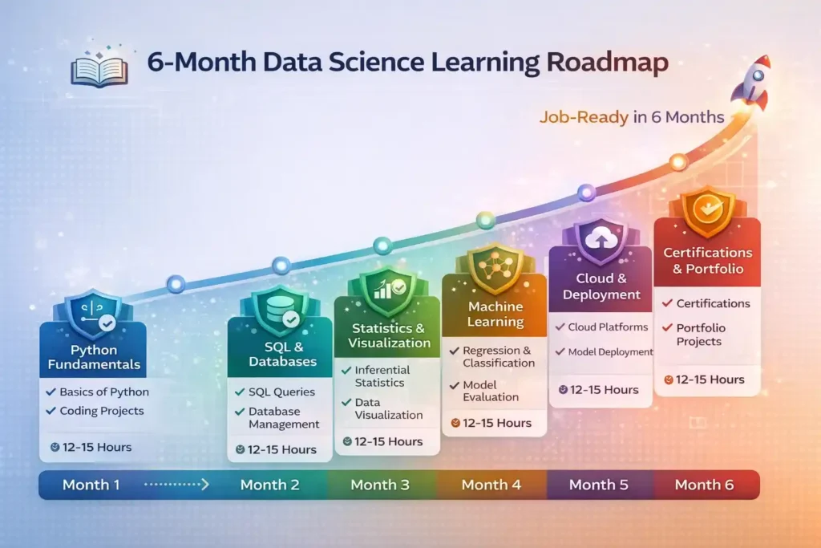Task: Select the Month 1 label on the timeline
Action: tap(91, 485)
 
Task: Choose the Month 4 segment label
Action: tap(491, 485)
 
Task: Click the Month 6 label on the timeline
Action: tap(704, 485)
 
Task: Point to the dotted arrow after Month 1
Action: tap(177, 485)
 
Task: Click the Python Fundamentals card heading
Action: tap(93, 357)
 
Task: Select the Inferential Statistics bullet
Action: tap(382, 375)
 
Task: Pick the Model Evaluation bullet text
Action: tap(490, 391)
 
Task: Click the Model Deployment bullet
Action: tap(610, 351)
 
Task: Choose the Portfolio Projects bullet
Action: tap(699, 335)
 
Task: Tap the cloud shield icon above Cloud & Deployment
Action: tap(600, 238)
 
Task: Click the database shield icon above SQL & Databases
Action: tap(280, 308)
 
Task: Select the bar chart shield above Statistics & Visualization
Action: tap(386, 287)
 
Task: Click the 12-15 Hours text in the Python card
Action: tap(97, 447)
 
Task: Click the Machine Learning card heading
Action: tap(495, 315)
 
